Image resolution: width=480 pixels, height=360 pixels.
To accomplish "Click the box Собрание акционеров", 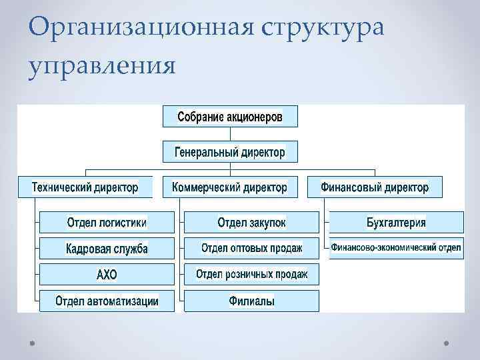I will (230, 117).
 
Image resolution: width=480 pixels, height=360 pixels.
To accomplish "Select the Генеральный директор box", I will (230, 152).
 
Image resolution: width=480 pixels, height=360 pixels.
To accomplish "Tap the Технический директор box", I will (85, 187).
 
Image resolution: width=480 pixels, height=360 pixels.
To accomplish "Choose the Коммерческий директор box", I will (230, 187).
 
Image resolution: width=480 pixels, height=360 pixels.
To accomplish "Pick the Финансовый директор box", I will (375, 187).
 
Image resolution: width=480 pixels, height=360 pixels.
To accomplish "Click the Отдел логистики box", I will (107, 222).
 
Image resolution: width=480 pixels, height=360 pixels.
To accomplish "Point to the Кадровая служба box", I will (107, 248).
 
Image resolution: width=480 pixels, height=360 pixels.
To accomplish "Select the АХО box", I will (107, 274).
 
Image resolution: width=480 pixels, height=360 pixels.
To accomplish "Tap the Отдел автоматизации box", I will (107, 301).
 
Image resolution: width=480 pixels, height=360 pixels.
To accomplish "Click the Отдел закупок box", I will (251, 222).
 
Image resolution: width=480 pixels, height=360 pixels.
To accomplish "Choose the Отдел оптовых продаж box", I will (251, 248).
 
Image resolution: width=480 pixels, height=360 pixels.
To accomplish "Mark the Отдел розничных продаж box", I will (251, 274).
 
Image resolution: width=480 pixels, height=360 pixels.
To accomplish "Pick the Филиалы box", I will (251, 301).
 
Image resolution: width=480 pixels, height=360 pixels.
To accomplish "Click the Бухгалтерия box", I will (396, 222).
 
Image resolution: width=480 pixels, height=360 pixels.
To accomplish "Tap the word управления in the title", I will (101, 66).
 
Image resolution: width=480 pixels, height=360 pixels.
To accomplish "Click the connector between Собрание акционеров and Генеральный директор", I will (230, 134).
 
